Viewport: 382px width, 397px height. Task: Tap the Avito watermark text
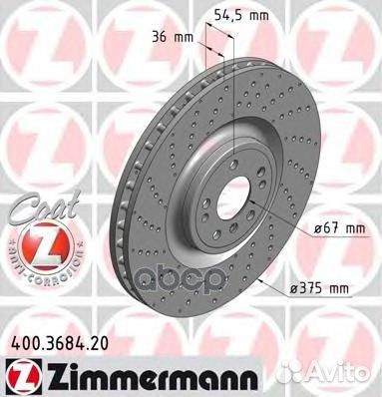coord(336,375)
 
